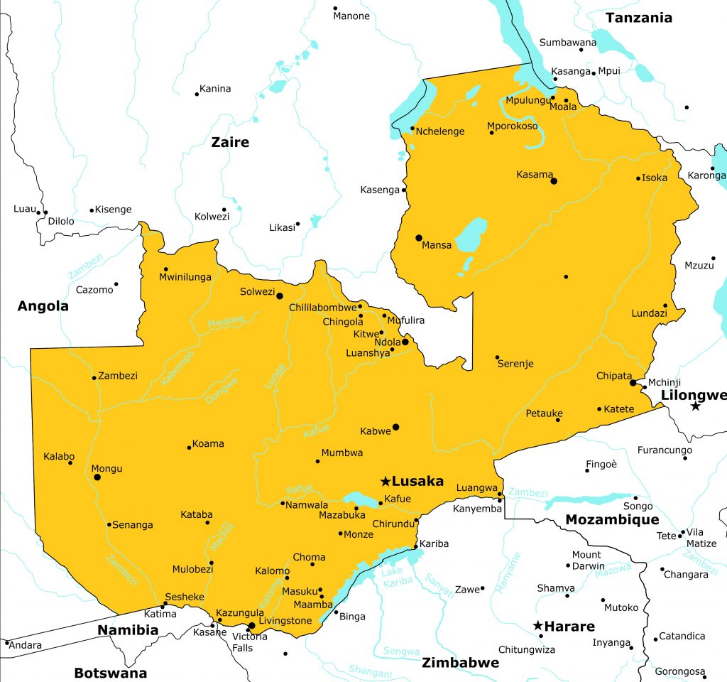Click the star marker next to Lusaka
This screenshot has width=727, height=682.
click(385, 481)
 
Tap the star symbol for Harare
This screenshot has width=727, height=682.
click(538, 626)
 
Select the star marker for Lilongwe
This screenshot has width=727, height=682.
click(696, 406)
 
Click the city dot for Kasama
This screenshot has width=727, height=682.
click(554, 181)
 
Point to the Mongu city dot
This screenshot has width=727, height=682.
click(97, 477)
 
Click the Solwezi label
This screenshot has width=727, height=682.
click(256, 292)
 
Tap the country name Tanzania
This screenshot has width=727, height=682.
click(638, 18)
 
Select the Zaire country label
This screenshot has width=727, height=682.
click(230, 142)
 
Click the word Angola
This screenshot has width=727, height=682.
click(43, 306)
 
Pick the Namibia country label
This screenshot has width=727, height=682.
click(128, 630)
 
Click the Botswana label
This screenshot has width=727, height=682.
click(110, 673)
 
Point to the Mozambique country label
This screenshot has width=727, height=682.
click(612, 520)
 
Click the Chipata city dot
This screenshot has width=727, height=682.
click(633, 383)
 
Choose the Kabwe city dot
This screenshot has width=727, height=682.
click(396, 427)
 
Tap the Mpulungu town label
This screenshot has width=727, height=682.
click(527, 99)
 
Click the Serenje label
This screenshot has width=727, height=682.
click(515, 364)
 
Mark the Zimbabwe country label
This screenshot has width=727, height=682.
click(460, 663)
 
